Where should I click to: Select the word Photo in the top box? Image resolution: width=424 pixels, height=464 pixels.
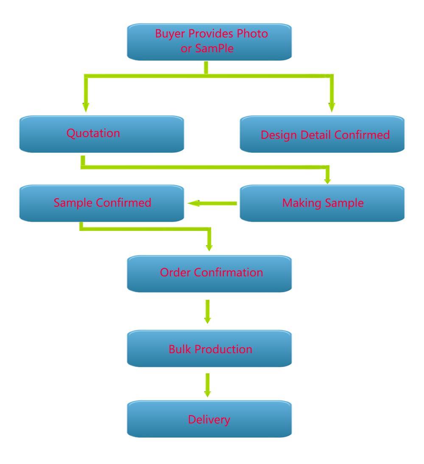click(x=252, y=34)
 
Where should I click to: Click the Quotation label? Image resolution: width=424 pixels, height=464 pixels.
click(x=93, y=133)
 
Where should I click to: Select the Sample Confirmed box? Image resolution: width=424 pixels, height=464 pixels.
click(x=102, y=203)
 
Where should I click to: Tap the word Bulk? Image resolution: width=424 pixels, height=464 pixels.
click(x=180, y=349)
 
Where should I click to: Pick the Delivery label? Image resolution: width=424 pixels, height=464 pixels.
click(x=209, y=420)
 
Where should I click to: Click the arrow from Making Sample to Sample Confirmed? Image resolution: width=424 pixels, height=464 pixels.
click(x=212, y=203)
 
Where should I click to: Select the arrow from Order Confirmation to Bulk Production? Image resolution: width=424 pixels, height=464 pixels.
click(x=207, y=312)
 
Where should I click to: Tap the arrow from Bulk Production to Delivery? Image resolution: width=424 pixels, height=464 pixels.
click(x=207, y=385)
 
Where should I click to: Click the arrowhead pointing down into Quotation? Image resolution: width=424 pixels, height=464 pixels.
click(x=86, y=107)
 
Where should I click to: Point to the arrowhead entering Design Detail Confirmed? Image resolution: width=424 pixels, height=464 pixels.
click(x=332, y=107)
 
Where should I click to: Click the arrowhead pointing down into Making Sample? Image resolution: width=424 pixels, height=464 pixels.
click(x=327, y=180)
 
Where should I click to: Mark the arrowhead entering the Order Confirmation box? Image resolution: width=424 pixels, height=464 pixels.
click(x=209, y=247)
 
